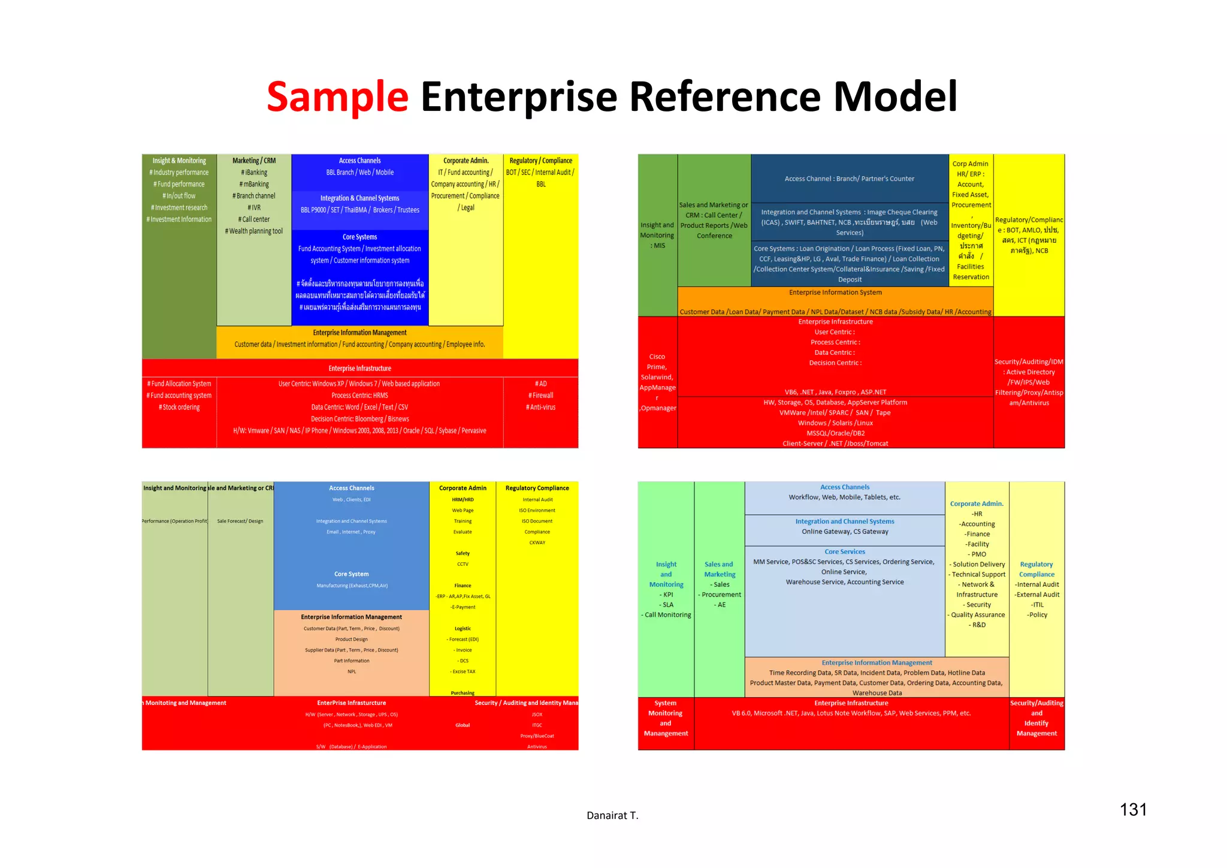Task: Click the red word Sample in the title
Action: coord(337,97)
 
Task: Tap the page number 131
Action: coord(1133,810)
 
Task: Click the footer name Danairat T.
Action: coord(612,815)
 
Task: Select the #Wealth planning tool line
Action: coord(254,231)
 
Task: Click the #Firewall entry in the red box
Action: coord(540,396)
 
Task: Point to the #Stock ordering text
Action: coord(179,408)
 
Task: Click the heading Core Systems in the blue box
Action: coord(359,237)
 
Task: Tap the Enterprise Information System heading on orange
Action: coord(835,293)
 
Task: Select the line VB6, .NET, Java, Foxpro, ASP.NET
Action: coord(835,392)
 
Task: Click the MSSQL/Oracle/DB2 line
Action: coord(835,433)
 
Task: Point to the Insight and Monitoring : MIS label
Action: coord(657,235)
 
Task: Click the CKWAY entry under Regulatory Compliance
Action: coord(537,542)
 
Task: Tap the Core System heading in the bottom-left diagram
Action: coord(351,574)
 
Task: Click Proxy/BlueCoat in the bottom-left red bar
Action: coord(537,736)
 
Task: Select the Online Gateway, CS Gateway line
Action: coord(845,532)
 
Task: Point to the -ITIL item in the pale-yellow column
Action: coord(1037,605)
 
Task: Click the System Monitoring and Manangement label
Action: coord(666,718)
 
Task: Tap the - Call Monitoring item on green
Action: coord(666,615)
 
